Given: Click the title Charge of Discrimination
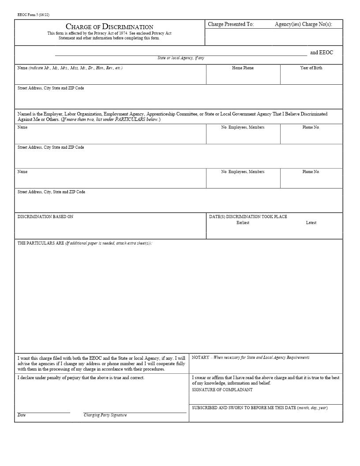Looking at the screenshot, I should (109, 27).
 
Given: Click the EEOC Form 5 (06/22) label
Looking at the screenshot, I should (34, 15).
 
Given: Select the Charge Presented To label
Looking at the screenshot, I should (231, 24).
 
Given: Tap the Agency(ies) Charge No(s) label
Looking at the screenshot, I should (303, 24).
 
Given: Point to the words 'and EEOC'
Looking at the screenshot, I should (322, 53).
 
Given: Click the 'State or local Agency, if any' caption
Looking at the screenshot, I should (181, 58).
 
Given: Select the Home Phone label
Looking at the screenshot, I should (243, 68).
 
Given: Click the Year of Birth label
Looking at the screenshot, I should (311, 68).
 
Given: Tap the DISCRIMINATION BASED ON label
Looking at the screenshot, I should (45, 217).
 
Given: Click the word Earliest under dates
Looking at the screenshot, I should (243, 223).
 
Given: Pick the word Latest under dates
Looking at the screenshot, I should (311, 223).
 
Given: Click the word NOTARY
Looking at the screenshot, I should (201, 357).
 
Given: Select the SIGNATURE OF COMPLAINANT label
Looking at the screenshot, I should (222, 390).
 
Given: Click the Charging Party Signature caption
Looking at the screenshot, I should (105, 415).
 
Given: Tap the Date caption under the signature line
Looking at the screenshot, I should (22, 415).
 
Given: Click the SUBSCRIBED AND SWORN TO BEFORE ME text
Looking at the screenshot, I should (244, 408).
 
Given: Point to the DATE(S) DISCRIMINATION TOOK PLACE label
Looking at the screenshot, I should (248, 217).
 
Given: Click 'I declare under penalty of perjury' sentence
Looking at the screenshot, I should (81, 378).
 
